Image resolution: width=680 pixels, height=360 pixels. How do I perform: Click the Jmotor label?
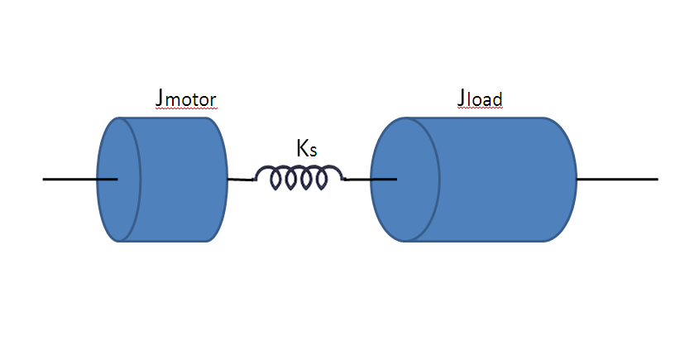point(185,99)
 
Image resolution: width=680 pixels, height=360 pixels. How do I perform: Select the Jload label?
point(480,99)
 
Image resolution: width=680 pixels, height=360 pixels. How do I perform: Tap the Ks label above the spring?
point(306,149)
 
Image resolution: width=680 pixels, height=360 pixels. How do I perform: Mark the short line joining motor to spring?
point(240,180)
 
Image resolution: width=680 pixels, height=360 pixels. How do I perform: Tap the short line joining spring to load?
point(357,179)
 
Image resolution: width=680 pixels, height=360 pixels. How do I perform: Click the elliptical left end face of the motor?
point(119,179)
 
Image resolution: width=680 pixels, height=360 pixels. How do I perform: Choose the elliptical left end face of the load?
point(405,179)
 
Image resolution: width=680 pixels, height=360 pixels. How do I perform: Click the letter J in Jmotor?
point(159,98)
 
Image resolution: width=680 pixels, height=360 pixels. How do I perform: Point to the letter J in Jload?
point(462,98)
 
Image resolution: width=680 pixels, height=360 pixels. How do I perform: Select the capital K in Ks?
point(302,149)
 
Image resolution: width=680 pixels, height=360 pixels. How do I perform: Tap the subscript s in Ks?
point(314,152)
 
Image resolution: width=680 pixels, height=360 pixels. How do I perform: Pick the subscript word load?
point(486,101)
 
